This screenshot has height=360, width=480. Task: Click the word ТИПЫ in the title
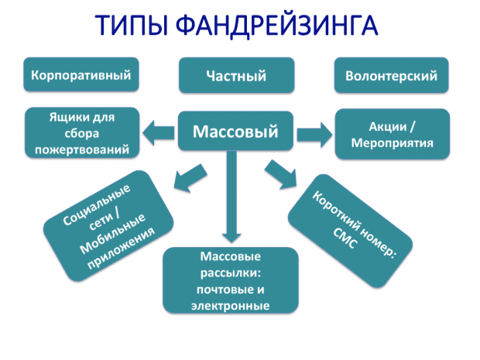[131, 25]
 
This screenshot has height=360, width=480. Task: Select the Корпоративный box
[81, 76]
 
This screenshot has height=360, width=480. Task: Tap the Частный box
[236, 76]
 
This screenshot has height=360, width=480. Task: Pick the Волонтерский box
[392, 76]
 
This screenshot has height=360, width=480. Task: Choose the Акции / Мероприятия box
[392, 134]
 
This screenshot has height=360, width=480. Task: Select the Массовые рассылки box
[230, 280]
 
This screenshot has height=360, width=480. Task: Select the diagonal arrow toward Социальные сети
[183, 177]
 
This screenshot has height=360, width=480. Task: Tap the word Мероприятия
[392, 143]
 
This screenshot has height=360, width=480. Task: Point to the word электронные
[230, 306]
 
